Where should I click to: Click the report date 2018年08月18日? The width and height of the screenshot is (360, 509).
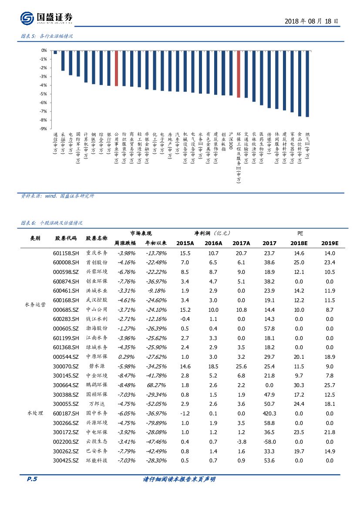311,20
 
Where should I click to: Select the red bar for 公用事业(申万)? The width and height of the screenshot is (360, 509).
117,68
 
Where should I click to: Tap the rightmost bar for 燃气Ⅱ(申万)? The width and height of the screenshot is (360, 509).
307,84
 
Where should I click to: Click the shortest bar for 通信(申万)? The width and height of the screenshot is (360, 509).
55,52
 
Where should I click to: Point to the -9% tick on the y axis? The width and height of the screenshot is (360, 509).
44,129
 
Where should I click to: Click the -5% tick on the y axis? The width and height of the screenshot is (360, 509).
44,94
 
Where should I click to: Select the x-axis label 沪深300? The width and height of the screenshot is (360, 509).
231,141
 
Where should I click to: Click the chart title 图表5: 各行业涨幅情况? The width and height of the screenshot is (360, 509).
47,37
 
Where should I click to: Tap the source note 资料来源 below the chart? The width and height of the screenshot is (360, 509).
57,196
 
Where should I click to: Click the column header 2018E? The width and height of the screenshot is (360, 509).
299,243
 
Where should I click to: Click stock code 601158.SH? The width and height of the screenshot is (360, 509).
66,253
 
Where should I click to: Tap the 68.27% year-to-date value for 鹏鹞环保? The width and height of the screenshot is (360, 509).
155,385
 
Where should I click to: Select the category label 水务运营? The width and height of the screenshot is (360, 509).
35,305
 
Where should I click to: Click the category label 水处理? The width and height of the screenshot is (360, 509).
35,413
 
